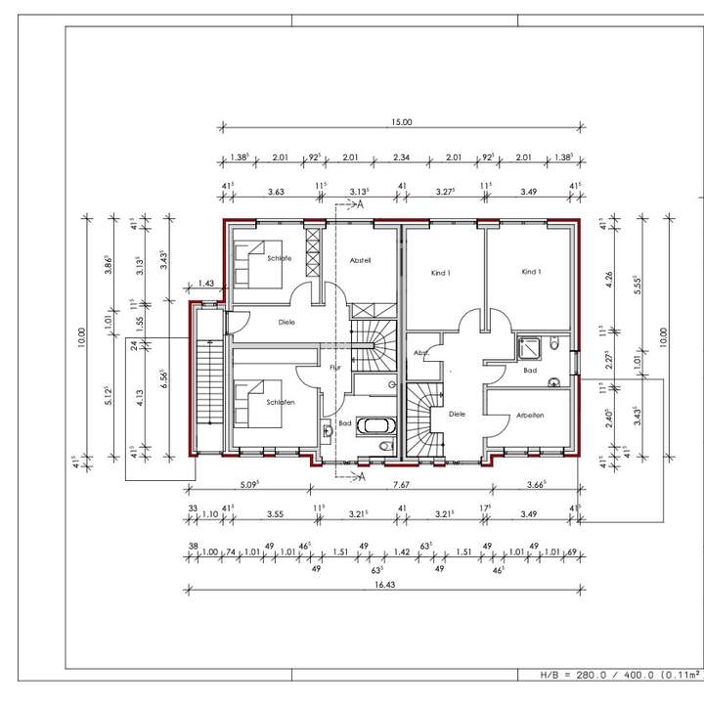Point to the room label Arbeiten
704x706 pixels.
point(529,416)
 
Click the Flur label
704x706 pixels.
point(334,367)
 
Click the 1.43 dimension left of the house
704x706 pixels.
point(205,284)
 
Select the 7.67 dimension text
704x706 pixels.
point(401,484)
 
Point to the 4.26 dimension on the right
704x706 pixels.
point(609,276)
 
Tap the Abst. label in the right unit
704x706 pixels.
point(421,353)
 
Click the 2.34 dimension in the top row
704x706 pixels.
point(401,156)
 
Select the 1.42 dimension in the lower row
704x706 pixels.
point(402,552)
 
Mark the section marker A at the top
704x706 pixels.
point(359,205)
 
